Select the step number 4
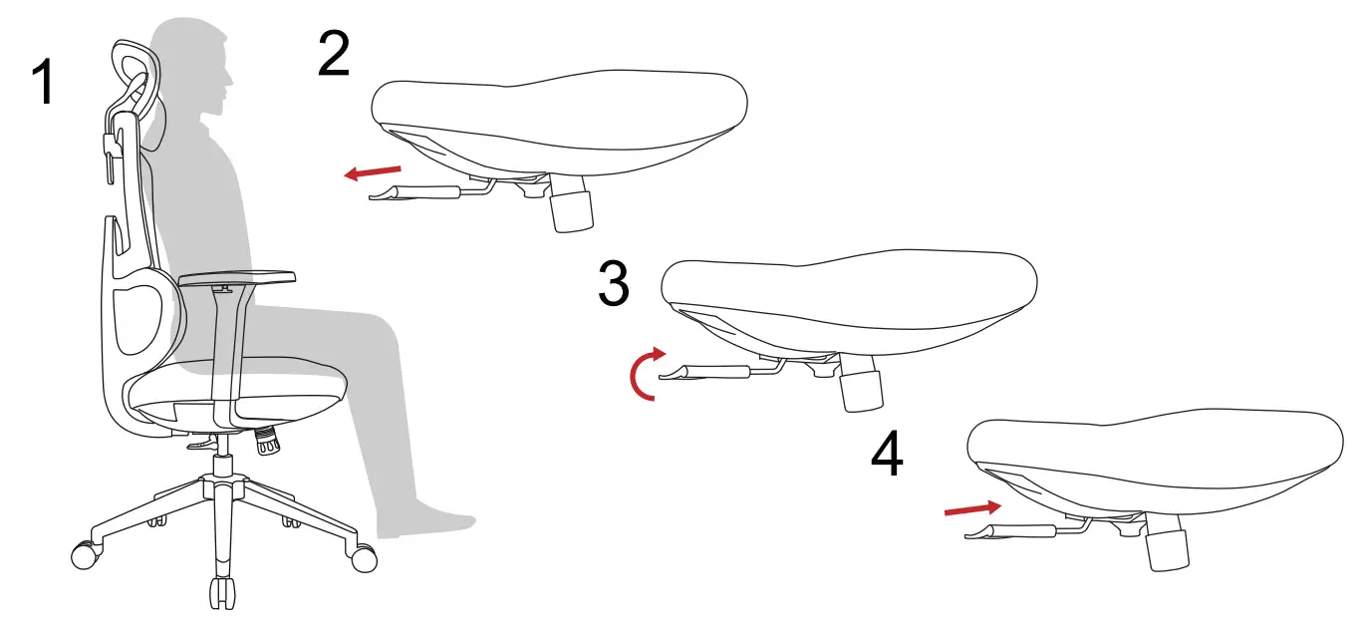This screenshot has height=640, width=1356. (x=887, y=457)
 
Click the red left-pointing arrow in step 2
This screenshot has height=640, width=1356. (x=373, y=173)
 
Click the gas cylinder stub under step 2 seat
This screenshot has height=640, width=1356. (x=571, y=210)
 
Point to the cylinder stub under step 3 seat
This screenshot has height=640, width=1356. (x=862, y=390)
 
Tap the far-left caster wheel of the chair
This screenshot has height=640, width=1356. (x=84, y=553)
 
